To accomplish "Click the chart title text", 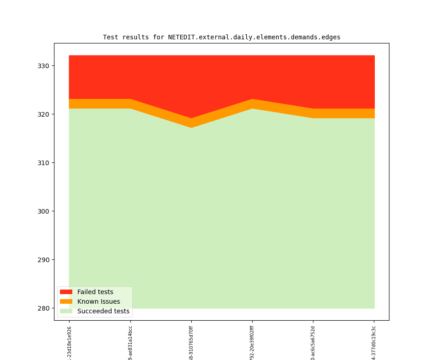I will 221,37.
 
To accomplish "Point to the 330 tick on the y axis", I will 44,66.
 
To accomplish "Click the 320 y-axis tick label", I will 44,114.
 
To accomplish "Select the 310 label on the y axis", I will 44,163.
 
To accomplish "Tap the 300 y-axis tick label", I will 44,211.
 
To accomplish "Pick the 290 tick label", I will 44,260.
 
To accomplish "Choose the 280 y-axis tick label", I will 44,308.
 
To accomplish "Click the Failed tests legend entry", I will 95,292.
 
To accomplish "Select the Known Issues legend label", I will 98,301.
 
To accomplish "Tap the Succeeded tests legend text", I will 103,311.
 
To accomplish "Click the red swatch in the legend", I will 66,292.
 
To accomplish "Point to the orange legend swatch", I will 66,301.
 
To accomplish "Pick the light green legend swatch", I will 66,311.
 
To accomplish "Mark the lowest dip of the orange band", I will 191,123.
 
